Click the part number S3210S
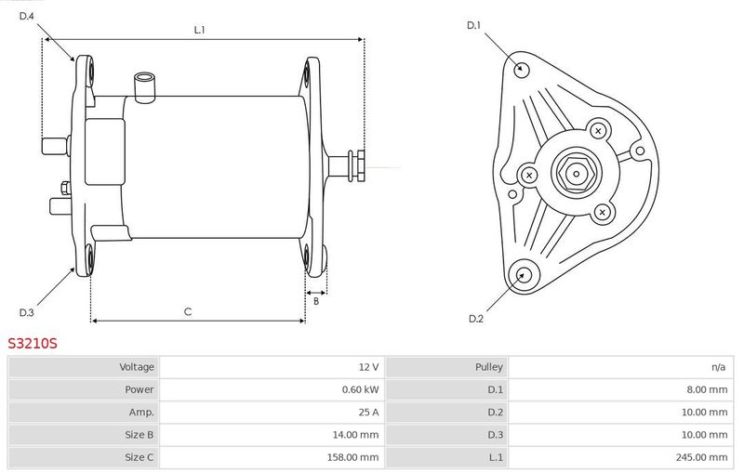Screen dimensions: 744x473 point(33,343)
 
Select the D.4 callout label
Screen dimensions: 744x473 point(27,16)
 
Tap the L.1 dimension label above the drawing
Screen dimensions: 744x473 point(199,30)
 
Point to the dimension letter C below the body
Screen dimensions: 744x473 point(188,311)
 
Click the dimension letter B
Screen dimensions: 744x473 point(316,301)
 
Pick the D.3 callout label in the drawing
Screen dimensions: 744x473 point(27,312)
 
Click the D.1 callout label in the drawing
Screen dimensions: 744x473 point(473,26)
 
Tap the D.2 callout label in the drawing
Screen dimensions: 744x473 point(476,319)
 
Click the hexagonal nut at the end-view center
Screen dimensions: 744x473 point(576,174)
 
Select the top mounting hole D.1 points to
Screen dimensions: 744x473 point(522,69)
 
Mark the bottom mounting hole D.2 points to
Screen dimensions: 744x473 point(524,274)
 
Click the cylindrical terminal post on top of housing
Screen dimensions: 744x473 point(144,86)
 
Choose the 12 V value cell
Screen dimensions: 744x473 point(368,367)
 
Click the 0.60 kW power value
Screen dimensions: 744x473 point(361,389)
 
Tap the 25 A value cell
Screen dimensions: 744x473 point(368,413)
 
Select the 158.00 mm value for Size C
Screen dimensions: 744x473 point(352,457)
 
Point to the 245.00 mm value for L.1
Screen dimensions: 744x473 point(701,457)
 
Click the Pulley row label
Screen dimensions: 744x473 point(489,367)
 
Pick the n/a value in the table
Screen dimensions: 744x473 point(718,367)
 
